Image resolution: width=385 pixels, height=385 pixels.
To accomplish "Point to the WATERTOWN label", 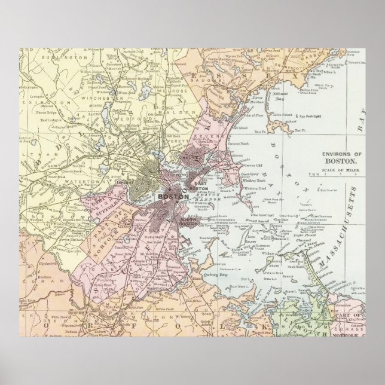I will (x=67, y=178).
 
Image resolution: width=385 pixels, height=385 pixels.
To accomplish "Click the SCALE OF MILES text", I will (x=341, y=169).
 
